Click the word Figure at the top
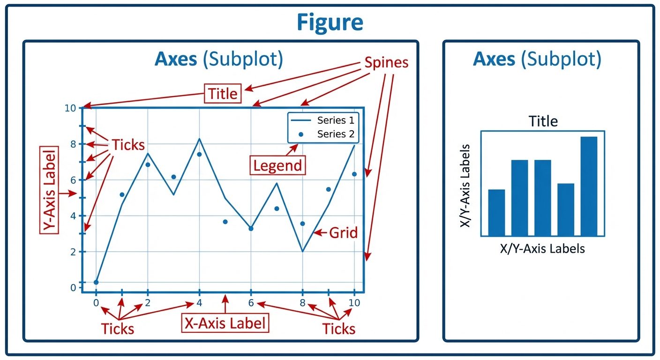[330, 22]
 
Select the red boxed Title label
[223, 93]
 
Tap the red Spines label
[386, 63]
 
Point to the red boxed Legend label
[277, 165]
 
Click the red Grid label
[343, 232]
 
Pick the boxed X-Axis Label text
[225, 323]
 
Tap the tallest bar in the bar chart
[589, 186]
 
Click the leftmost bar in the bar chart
[496, 212]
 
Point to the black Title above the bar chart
[543, 121]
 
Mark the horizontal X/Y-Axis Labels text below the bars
[542, 248]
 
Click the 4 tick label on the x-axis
[199, 303]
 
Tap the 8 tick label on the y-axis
[73, 144]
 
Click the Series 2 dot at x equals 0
[96, 282]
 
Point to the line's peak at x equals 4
[200, 139]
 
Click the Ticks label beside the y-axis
[128, 145]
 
